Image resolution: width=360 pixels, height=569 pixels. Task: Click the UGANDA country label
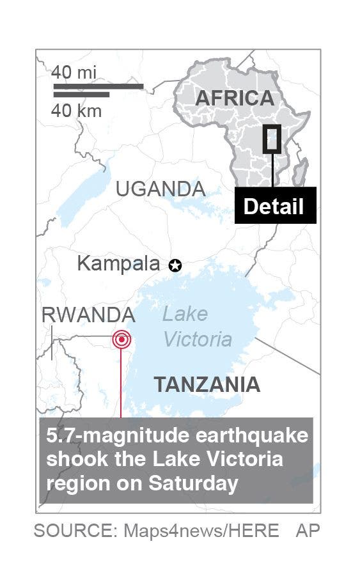coord(160,189)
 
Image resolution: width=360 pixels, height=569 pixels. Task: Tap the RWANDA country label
coord(88,315)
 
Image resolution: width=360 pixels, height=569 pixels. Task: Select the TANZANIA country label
coord(207,384)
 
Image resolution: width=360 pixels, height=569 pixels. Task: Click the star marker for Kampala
coord(175,265)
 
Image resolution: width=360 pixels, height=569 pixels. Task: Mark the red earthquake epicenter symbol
coord(121,339)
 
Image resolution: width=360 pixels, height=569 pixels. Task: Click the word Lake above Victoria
coord(185,314)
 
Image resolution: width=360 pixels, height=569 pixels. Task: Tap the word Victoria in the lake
coord(198,338)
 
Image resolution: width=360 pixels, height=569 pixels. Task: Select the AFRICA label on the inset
coord(234,98)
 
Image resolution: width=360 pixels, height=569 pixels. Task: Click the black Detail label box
coord(275,206)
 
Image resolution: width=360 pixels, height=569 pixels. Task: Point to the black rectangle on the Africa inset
coord(272,139)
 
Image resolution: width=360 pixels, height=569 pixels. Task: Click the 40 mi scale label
coord(74,72)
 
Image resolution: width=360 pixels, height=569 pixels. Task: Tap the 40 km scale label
coord(76,111)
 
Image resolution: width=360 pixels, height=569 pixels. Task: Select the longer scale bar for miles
coord(98,86)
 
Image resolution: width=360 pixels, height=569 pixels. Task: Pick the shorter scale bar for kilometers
coord(81,95)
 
